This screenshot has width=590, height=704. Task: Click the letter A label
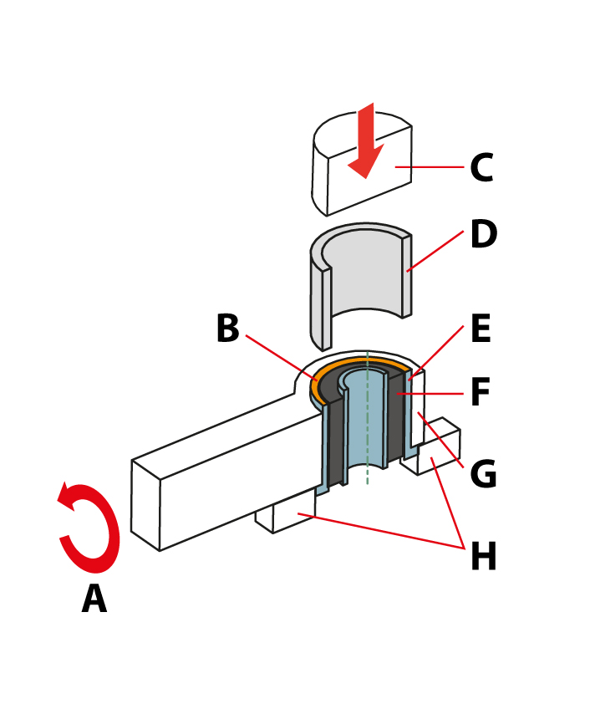click(94, 599)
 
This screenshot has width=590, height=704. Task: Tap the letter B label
click(228, 329)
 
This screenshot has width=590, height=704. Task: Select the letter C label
click(481, 167)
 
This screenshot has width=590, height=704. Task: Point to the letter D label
click(484, 233)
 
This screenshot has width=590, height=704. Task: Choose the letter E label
click(481, 329)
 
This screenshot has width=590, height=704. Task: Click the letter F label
click(481, 391)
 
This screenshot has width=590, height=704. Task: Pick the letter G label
click(483, 473)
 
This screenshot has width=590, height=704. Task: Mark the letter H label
click(484, 556)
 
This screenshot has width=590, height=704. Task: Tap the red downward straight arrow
click(367, 141)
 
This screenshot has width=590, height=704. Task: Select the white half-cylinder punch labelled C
click(362, 164)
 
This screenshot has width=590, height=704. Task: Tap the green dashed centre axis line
click(368, 417)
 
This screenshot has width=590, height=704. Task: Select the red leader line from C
click(430, 167)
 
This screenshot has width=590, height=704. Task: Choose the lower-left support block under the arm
click(286, 513)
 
